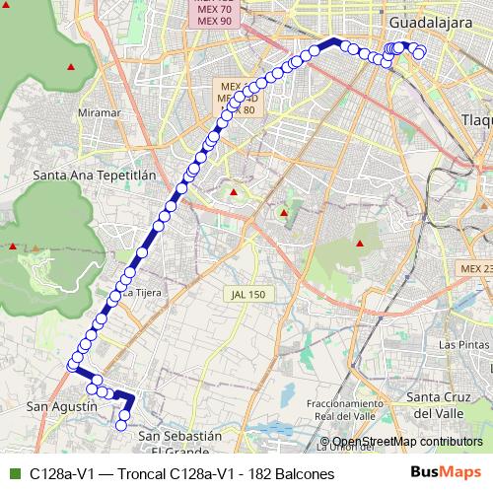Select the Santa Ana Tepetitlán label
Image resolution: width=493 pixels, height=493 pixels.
coord(95,176)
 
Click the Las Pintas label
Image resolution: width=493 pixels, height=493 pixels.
coord(461,345)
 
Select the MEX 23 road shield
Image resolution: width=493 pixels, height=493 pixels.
coord(475,268)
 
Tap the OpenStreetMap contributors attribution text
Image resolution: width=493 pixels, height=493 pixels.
coord(406,441)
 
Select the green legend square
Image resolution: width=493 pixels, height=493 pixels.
coord(14,474)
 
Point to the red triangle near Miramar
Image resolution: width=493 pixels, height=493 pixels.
coord(70,67)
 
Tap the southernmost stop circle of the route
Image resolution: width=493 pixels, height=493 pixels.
coord(121,425)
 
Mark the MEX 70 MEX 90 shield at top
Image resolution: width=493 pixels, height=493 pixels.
coord(214,14)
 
